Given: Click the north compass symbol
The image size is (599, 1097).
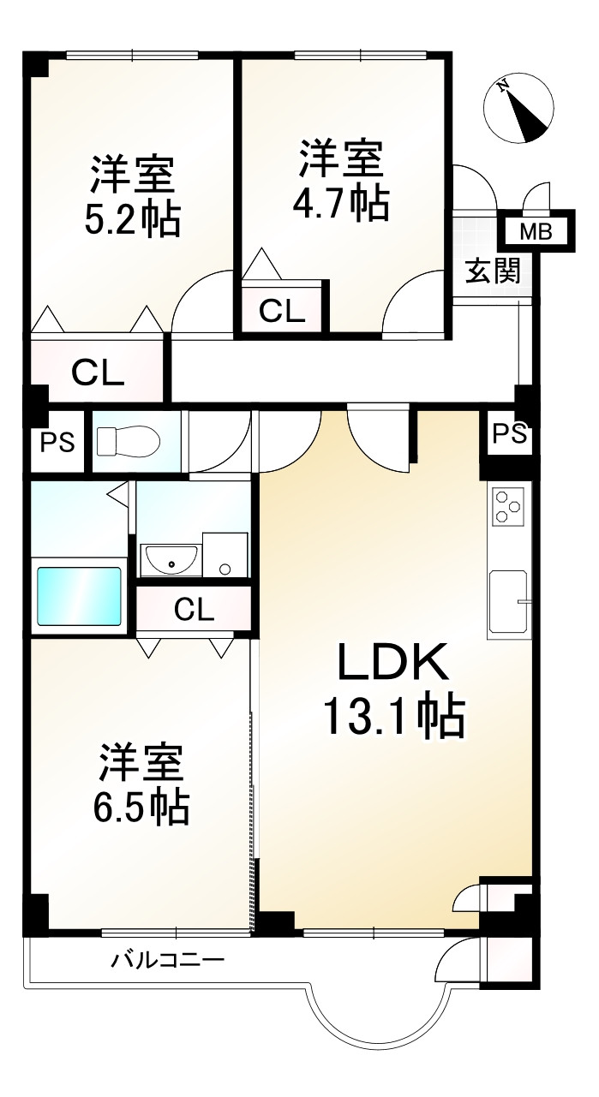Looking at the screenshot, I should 518,109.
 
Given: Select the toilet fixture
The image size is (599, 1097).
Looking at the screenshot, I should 129,442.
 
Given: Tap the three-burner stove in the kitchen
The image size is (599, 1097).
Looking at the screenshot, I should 507,507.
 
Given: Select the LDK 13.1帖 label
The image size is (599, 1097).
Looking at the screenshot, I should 392,691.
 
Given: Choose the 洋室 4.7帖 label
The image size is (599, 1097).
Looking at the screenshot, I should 342,180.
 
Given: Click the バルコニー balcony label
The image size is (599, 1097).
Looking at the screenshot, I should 167,960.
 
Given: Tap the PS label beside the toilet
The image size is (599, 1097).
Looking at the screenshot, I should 57,443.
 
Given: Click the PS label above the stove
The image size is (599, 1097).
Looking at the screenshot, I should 508,434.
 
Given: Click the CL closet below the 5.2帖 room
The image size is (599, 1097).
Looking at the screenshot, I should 98,373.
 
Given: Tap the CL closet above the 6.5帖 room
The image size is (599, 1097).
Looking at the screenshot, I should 194,610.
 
